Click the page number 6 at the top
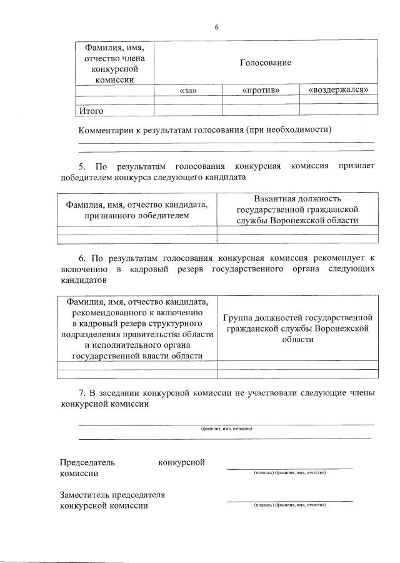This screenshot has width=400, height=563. pyautogui.click(x=216, y=27)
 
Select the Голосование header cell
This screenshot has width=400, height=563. pyautogui.click(x=265, y=63)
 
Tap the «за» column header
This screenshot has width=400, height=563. pyautogui.click(x=188, y=91)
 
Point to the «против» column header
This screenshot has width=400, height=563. pyautogui.click(x=261, y=91)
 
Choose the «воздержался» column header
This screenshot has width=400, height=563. pyautogui.click(x=339, y=91)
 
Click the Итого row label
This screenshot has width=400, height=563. pyautogui.click(x=91, y=111)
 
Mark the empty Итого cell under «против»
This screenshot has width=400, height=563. pyautogui.click(x=261, y=110)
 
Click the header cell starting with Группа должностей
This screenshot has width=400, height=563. pyautogui.click(x=297, y=328)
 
